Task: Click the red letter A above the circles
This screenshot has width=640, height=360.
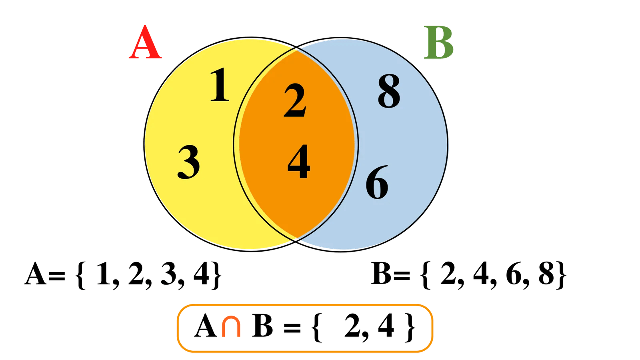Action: click(x=146, y=43)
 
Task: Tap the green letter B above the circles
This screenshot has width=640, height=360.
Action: click(x=439, y=43)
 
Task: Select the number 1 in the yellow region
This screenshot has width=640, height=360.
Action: click(x=220, y=85)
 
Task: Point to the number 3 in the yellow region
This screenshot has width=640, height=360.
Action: click(x=189, y=162)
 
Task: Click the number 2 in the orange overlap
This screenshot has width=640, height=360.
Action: click(x=295, y=101)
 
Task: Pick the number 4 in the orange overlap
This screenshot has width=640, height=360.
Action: click(x=299, y=162)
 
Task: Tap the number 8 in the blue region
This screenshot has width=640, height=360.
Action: click(x=389, y=92)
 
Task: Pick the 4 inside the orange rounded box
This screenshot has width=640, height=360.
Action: click(x=386, y=326)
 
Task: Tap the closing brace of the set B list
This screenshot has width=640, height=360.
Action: click(x=562, y=275)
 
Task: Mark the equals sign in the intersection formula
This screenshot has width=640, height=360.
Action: click(x=292, y=328)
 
